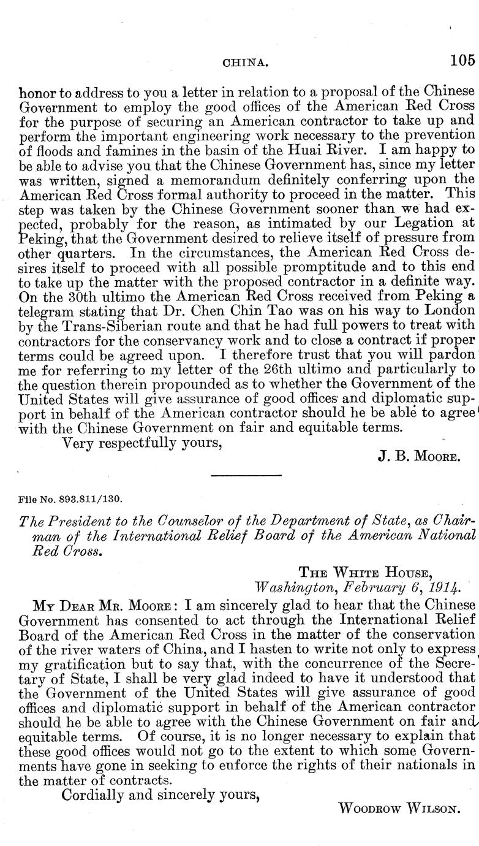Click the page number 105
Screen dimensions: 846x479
(x=462, y=60)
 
